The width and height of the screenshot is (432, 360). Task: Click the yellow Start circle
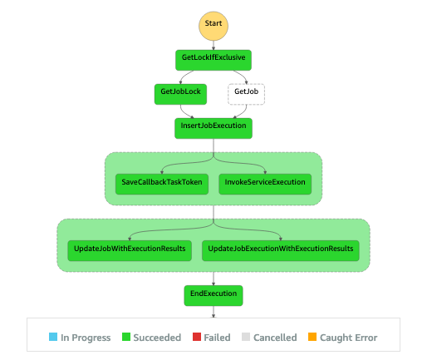214,26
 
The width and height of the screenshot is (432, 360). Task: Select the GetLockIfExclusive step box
214,60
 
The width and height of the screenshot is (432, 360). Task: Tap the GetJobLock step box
180,94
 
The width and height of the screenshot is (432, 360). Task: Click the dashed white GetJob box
246,94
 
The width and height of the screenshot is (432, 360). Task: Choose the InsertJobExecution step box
214,128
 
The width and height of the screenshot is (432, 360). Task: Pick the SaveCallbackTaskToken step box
162,184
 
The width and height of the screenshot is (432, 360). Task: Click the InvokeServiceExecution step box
265,184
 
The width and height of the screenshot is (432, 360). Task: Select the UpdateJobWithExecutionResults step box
130,250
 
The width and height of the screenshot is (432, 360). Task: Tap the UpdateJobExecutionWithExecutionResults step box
281,250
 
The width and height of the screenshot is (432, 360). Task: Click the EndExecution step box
214,296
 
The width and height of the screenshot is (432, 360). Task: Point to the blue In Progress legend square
53,337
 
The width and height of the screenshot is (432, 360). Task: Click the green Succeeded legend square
126,337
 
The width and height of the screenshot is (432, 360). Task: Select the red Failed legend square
197,337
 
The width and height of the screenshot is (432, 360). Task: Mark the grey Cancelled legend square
246,337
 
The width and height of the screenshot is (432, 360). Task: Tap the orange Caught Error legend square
312,337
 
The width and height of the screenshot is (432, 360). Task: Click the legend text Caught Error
348,338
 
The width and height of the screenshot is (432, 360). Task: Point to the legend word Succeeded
157,338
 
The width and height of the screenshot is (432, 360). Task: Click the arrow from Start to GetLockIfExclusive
214,46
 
